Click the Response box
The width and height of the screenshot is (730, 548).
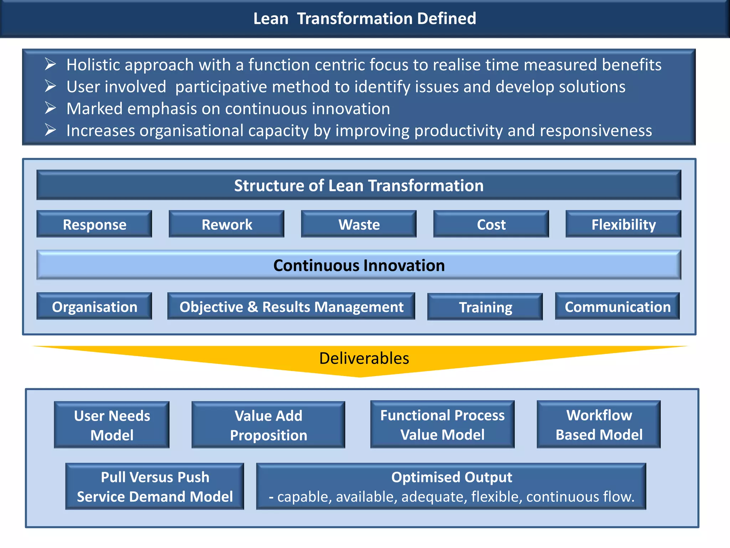pyautogui.click(x=94, y=224)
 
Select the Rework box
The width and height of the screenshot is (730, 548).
pyautogui.click(x=226, y=224)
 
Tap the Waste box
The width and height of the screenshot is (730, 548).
pyautogui.click(x=359, y=224)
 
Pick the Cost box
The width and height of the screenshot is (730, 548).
pyautogui.click(x=491, y=224)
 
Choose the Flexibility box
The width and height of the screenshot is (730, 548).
pyautogui.click(x=623, y=224)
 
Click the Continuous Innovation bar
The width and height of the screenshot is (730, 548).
pyautogui.click(x=359, y=265)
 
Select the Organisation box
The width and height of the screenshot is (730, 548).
pyautogui.click(x=94, y=306)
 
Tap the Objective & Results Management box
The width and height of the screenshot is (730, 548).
pyautogui.click(x=291, y=306)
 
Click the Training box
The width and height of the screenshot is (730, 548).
pyautogui.click(x=485, y=307)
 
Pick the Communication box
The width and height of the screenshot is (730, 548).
pyautogui.click(x=617, y=306)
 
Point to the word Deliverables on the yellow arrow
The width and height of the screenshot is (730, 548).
pyautogui.click(x=364, y=358)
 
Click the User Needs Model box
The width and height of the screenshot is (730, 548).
pyautogui.click(x=112, y=425)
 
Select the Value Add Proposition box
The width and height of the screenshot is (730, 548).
pyautogui.click(x=268, y=425)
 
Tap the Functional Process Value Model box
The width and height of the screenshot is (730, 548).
pyautogui.click(x=442, y=425)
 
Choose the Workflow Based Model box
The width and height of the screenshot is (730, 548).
pyautogui.click(x=598, y=425)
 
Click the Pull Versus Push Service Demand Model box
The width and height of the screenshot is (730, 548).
pyautogui.click(x=155, y=486)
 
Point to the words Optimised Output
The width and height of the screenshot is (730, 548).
pyautogui.click(x=451, y=477)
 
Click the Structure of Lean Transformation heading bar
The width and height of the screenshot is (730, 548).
pyautogui.click(x=359, y=185)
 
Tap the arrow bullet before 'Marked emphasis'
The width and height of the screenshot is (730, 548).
pyautogui.click(x=50, y=108)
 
